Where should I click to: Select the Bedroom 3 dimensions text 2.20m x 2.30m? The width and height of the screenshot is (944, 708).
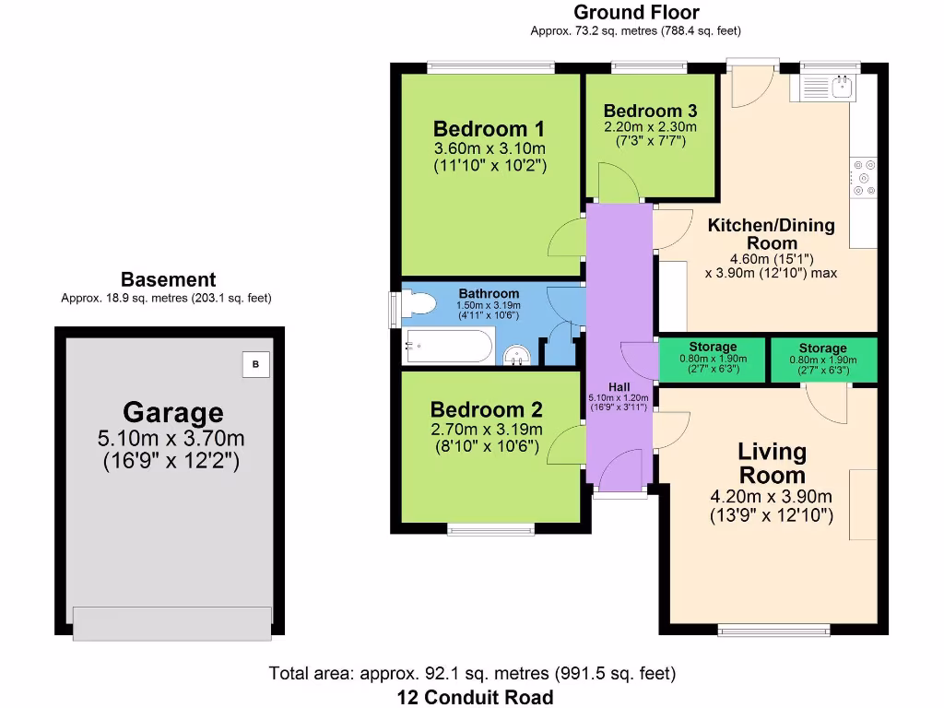(x=650, y=126)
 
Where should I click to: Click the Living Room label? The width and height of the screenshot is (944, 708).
(x=772, y=463)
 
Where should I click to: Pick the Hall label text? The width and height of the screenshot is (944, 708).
(x=618, y=385)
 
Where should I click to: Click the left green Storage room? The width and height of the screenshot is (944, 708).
(x=712, y=360)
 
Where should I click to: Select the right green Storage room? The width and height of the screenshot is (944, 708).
(x=822, y=360)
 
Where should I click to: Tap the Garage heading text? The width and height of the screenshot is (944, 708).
(x=173, y=411)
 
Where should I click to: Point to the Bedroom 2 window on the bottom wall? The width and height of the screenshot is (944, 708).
(x=490, y=529)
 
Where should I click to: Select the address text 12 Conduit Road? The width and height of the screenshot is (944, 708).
(x=475, y=697)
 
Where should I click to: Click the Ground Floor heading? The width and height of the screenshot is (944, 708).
(x=635, y=13)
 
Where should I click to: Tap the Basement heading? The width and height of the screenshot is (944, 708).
(x=168, y=279)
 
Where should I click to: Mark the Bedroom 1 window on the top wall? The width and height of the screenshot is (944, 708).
(x=490, y=67)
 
